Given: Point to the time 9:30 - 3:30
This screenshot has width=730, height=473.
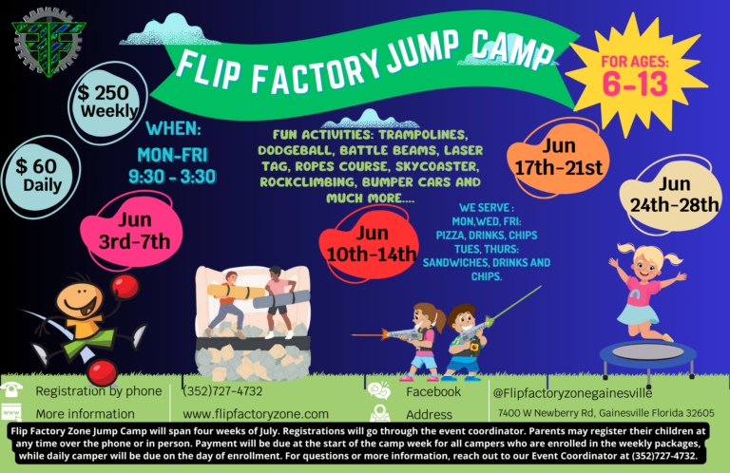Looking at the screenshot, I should (172, 176).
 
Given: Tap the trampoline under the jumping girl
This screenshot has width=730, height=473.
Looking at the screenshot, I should (647, 354).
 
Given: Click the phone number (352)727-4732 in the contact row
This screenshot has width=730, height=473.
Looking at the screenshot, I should (222, 391).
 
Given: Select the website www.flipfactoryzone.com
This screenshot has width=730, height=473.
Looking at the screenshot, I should (255, 414).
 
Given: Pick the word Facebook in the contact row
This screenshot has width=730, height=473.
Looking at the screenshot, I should (433, 391).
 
